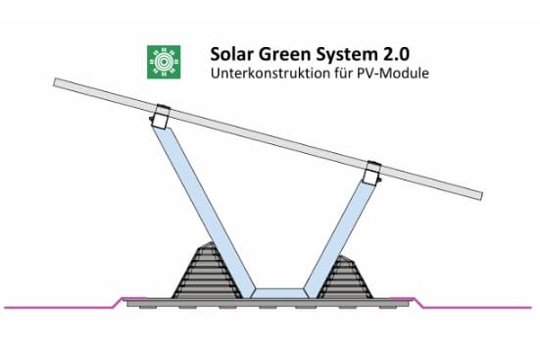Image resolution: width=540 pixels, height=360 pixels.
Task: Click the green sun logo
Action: coord(164,62)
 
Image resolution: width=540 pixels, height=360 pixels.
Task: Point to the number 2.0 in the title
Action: coord(395,55)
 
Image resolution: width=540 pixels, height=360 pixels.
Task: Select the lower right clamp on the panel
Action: coord(373,172)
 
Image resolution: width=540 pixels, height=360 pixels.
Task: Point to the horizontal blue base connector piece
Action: coord(279,293)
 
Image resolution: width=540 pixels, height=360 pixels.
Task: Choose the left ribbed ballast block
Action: coord(203,272)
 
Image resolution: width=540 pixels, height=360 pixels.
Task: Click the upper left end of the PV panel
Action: coord(55,82)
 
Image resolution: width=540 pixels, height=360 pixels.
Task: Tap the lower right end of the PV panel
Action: coord(480,196)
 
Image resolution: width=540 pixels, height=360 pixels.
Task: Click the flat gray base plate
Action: coord(268,303)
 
